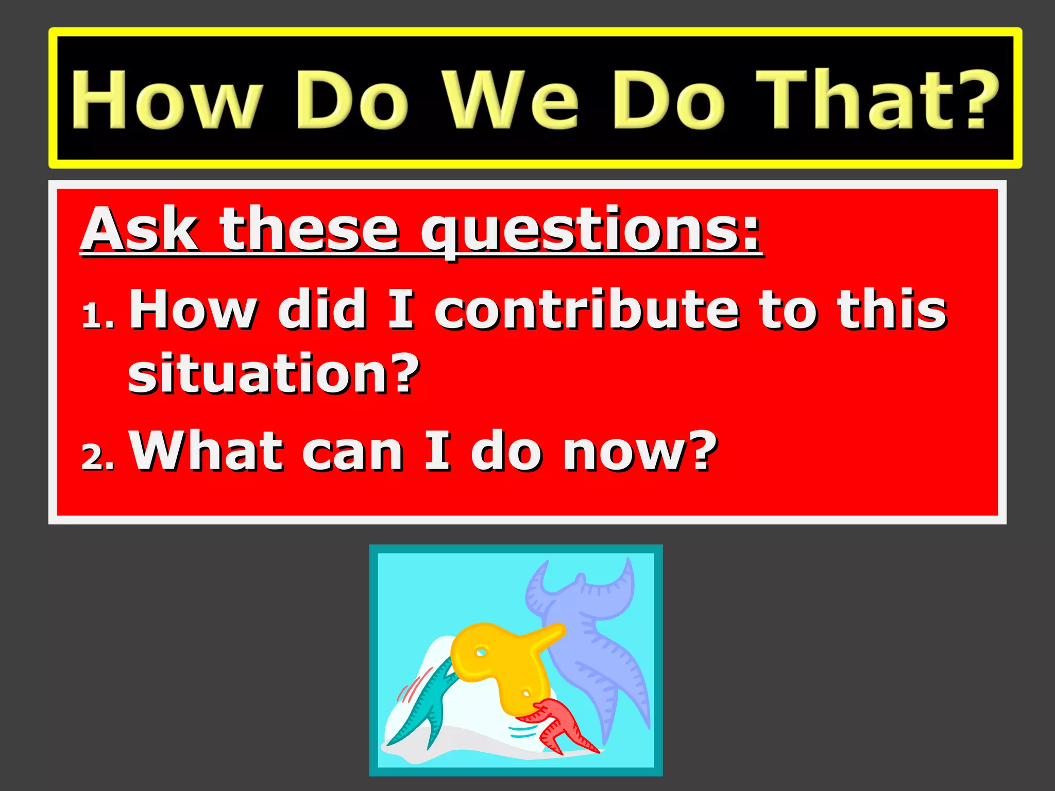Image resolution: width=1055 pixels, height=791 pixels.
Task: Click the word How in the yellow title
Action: pos(166,99)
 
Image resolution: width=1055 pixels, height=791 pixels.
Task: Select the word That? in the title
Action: pos(876,99)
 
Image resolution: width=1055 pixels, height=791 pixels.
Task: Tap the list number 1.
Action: pos(97,315)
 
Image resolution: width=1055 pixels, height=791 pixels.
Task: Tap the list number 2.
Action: pos(97,456)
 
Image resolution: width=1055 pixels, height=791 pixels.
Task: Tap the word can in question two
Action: pos(352,452)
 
